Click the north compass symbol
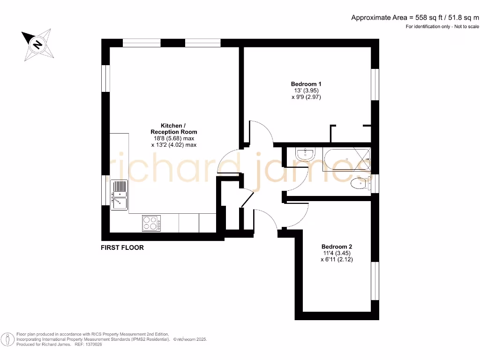tap(37, 45)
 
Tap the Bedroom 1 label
tap(306, 84)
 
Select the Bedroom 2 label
tap(337, 247)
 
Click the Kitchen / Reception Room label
tap(173, 129)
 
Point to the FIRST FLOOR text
tap(122, 247)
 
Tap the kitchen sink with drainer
tap(119, 195)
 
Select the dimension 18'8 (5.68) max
tap(173, 139)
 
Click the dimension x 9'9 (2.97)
tap(306, 97)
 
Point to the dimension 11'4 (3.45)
tap(337, 253)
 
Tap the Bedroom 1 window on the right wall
tap(375, 84)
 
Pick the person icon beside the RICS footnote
tap(7, 339)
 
